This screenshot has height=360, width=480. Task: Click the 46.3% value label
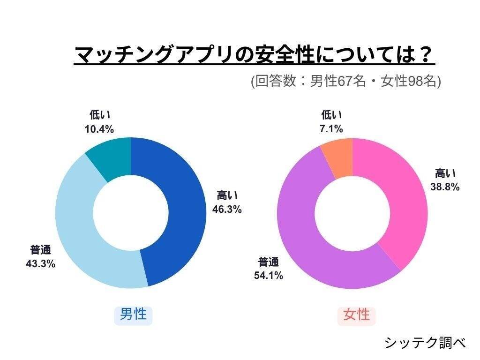coord(227,210)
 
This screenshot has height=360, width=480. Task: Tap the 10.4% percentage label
coord(99,129)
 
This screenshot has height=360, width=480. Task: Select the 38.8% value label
coord(445,187)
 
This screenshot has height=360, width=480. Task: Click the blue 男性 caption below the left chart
coord(133,314)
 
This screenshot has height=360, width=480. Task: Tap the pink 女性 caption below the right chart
coord(356,314)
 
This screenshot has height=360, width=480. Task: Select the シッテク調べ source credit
coord(425,343)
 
